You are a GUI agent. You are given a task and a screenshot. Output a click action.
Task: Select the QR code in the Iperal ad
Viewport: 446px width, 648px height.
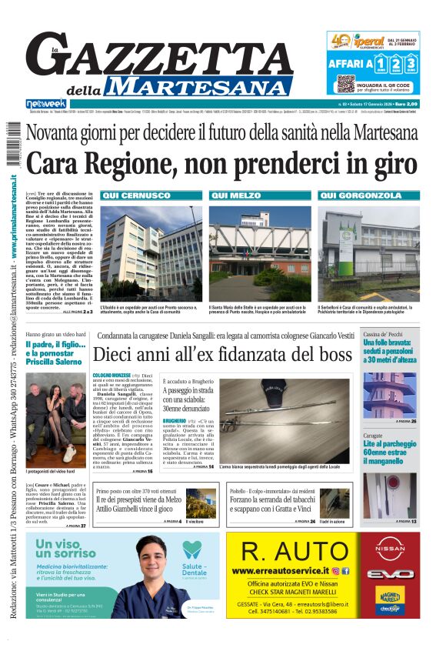(x=344, y=83)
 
